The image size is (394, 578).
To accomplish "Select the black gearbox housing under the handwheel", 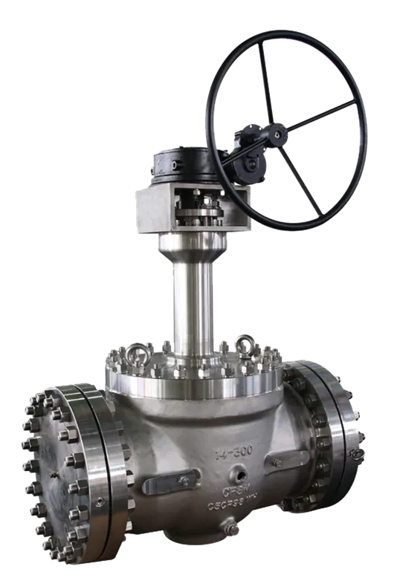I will (x=186, y=167).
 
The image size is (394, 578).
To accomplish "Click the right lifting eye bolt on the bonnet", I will (x=245, y=343).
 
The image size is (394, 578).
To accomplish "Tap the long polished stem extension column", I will (x=193, y=297).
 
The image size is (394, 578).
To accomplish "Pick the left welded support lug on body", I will (x=167, y=484).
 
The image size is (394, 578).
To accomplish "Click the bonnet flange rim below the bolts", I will (x=193, y=386).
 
